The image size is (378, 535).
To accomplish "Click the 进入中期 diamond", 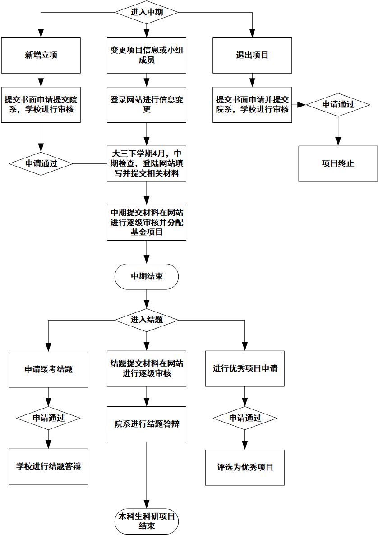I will click(x=147, y=12).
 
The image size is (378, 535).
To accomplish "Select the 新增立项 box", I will click(x=41, y=55).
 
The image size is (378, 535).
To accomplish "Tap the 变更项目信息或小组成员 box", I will click(x=147, y=55).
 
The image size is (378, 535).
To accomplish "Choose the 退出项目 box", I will click(x=252, y=55).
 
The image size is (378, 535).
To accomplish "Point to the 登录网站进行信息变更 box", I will click(x=147, y=104).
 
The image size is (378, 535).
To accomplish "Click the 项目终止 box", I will click(x=338, y=163).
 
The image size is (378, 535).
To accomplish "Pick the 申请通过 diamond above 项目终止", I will click(x=338, y=104).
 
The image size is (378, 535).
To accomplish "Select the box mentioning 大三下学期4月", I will click(x=147, y=163).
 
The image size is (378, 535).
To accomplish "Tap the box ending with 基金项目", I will click(x=147, y=222).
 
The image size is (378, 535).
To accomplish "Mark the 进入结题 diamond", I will click(x=147, y=320).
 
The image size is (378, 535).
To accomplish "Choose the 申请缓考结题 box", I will click(x=48, y=369).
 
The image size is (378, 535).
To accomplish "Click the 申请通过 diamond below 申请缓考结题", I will click(x=48, y=418).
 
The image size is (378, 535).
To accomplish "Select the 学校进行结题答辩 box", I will click(x=48, y=466).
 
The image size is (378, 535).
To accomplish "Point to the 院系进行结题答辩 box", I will click(x=147, y=424).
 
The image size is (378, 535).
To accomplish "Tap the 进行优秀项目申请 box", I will click(x=245, y=368).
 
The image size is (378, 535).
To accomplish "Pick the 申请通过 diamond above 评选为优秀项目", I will click(x=245, y=418).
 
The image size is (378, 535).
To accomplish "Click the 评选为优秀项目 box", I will click(x=245, y=467).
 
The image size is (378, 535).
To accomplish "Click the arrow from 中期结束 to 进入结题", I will click(x=147, y=298).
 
